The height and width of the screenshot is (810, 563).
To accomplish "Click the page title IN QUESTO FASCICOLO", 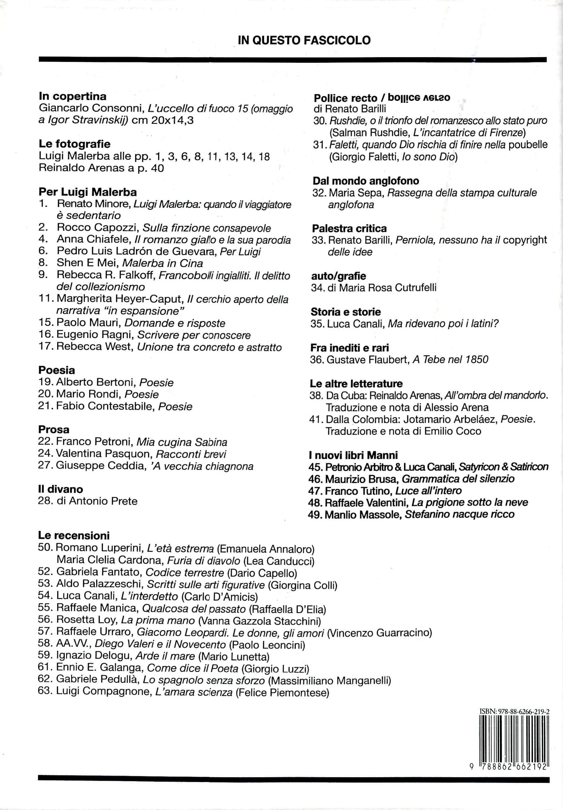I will coord(304,40).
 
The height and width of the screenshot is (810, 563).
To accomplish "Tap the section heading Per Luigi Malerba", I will coord(88,192).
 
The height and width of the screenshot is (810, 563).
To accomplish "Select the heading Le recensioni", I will coord(74,535).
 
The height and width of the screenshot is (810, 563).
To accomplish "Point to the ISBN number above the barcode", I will coord(514,711).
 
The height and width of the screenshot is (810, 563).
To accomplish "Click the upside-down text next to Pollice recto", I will coord(419,98).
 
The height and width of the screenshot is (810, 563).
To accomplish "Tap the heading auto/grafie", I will coord(338,276).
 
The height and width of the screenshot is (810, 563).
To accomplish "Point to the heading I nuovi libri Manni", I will coord(353,455).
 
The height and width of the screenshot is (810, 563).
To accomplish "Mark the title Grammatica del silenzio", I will coord(458,479).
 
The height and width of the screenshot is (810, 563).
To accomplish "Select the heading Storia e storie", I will coord(346,312).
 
